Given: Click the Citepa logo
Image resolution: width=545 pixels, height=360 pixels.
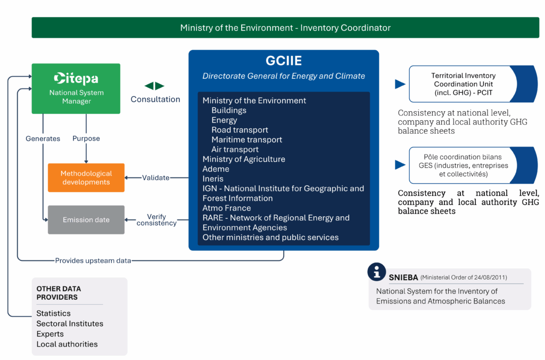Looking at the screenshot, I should coord(76,79).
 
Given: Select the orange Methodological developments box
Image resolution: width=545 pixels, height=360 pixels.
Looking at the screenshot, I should coord(86,178).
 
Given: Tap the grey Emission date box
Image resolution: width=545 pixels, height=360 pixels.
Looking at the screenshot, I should coord(86,220).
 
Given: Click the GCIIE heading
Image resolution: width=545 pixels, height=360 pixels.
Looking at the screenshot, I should coord(284,61).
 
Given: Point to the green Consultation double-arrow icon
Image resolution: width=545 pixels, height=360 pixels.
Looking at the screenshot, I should coord(155,86).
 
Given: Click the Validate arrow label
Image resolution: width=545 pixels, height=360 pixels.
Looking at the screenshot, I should coord(156,178).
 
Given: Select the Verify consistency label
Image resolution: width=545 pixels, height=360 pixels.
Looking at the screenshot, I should coord(156,220).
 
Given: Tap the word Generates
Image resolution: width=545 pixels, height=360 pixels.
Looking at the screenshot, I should coord(43,138).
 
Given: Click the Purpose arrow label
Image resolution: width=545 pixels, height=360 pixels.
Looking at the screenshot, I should coord(86,138).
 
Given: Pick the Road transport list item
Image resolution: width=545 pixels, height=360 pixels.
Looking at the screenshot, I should coord(240,130).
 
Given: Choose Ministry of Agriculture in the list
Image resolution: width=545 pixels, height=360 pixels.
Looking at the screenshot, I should coord(244,159).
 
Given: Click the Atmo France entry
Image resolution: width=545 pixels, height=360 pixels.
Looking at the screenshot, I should coord(227,208).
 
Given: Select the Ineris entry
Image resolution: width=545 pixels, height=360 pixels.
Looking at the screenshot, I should coord(213,179).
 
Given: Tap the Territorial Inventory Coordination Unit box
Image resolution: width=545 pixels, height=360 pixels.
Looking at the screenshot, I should coord(463,84).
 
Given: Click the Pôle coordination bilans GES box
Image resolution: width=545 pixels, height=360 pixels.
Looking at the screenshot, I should coord(463,166).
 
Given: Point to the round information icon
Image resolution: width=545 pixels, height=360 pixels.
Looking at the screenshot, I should coord(377,272).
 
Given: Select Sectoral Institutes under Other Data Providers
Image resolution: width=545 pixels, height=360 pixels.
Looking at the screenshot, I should coord(70,324).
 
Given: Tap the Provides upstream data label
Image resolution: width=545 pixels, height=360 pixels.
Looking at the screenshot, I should coord(93,260).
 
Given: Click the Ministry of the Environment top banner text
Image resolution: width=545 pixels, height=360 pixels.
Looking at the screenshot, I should coord(285,28).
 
